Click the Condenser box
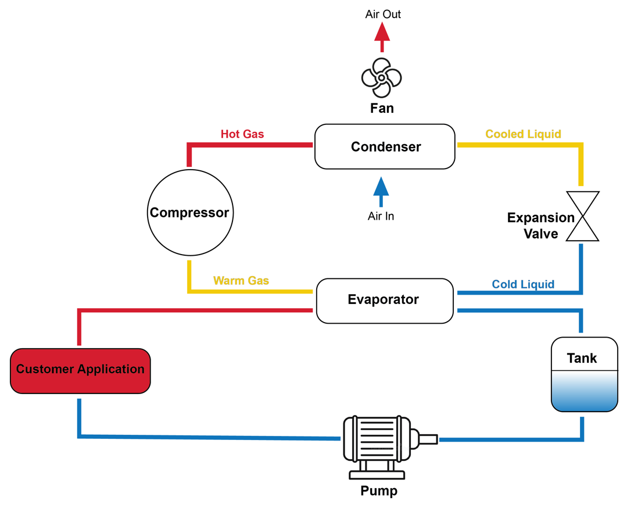pos(384,146)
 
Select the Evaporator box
pos(384,300)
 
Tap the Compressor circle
pos(190,213)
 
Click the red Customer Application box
pos(80,370)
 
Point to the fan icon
pos(382,78)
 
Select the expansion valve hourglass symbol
pos(582,216)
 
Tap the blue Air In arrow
pos(381,192)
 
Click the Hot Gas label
pos(242,134)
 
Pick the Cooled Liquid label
pos(523,134)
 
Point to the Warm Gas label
pos(241,281)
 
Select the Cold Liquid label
pos(523,284)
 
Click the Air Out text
pos(383,14)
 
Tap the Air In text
pos(381,216)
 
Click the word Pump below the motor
pos(379,491)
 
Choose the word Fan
pos(382,108)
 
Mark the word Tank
pos(582,358)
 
